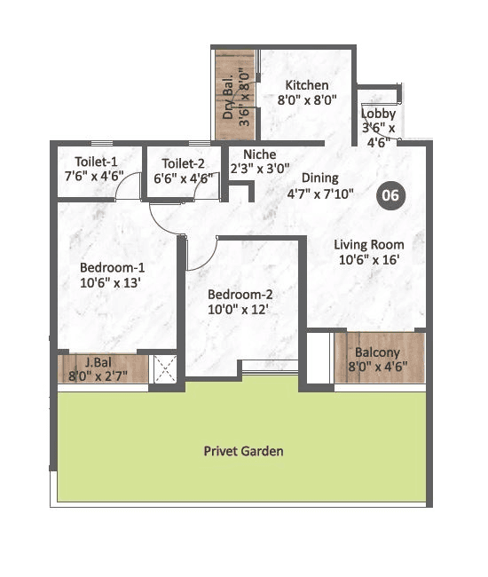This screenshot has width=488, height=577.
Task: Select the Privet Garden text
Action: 243,451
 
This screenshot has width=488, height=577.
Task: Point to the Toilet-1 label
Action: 98,162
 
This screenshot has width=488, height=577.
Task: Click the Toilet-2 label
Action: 184,162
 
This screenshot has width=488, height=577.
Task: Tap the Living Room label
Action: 369,244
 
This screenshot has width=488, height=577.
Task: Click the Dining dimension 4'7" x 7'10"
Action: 320,194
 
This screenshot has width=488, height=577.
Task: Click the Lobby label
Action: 379,114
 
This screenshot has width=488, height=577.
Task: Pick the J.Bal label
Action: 98,361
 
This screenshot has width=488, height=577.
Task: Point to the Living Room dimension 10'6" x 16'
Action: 368,260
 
